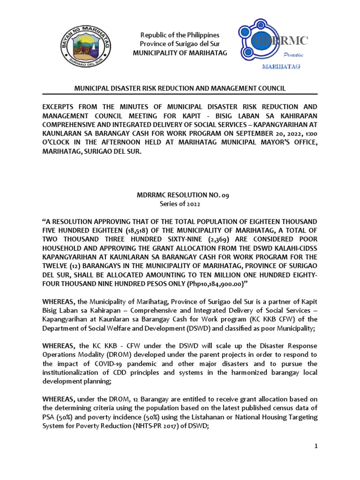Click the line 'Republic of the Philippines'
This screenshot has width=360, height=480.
click(180, 35)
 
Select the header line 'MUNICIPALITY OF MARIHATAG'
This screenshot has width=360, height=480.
click(180, 53)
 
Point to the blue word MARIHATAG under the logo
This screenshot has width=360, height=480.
click(281, 67)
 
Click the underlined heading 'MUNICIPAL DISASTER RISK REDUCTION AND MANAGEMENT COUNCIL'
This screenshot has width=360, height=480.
click(180, 88)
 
